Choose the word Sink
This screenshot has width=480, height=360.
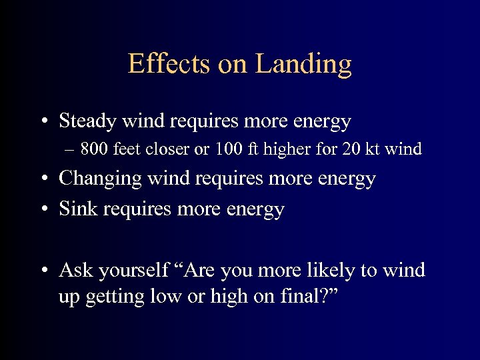click(75, 209)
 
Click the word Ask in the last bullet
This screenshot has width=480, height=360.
click(75, 270)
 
